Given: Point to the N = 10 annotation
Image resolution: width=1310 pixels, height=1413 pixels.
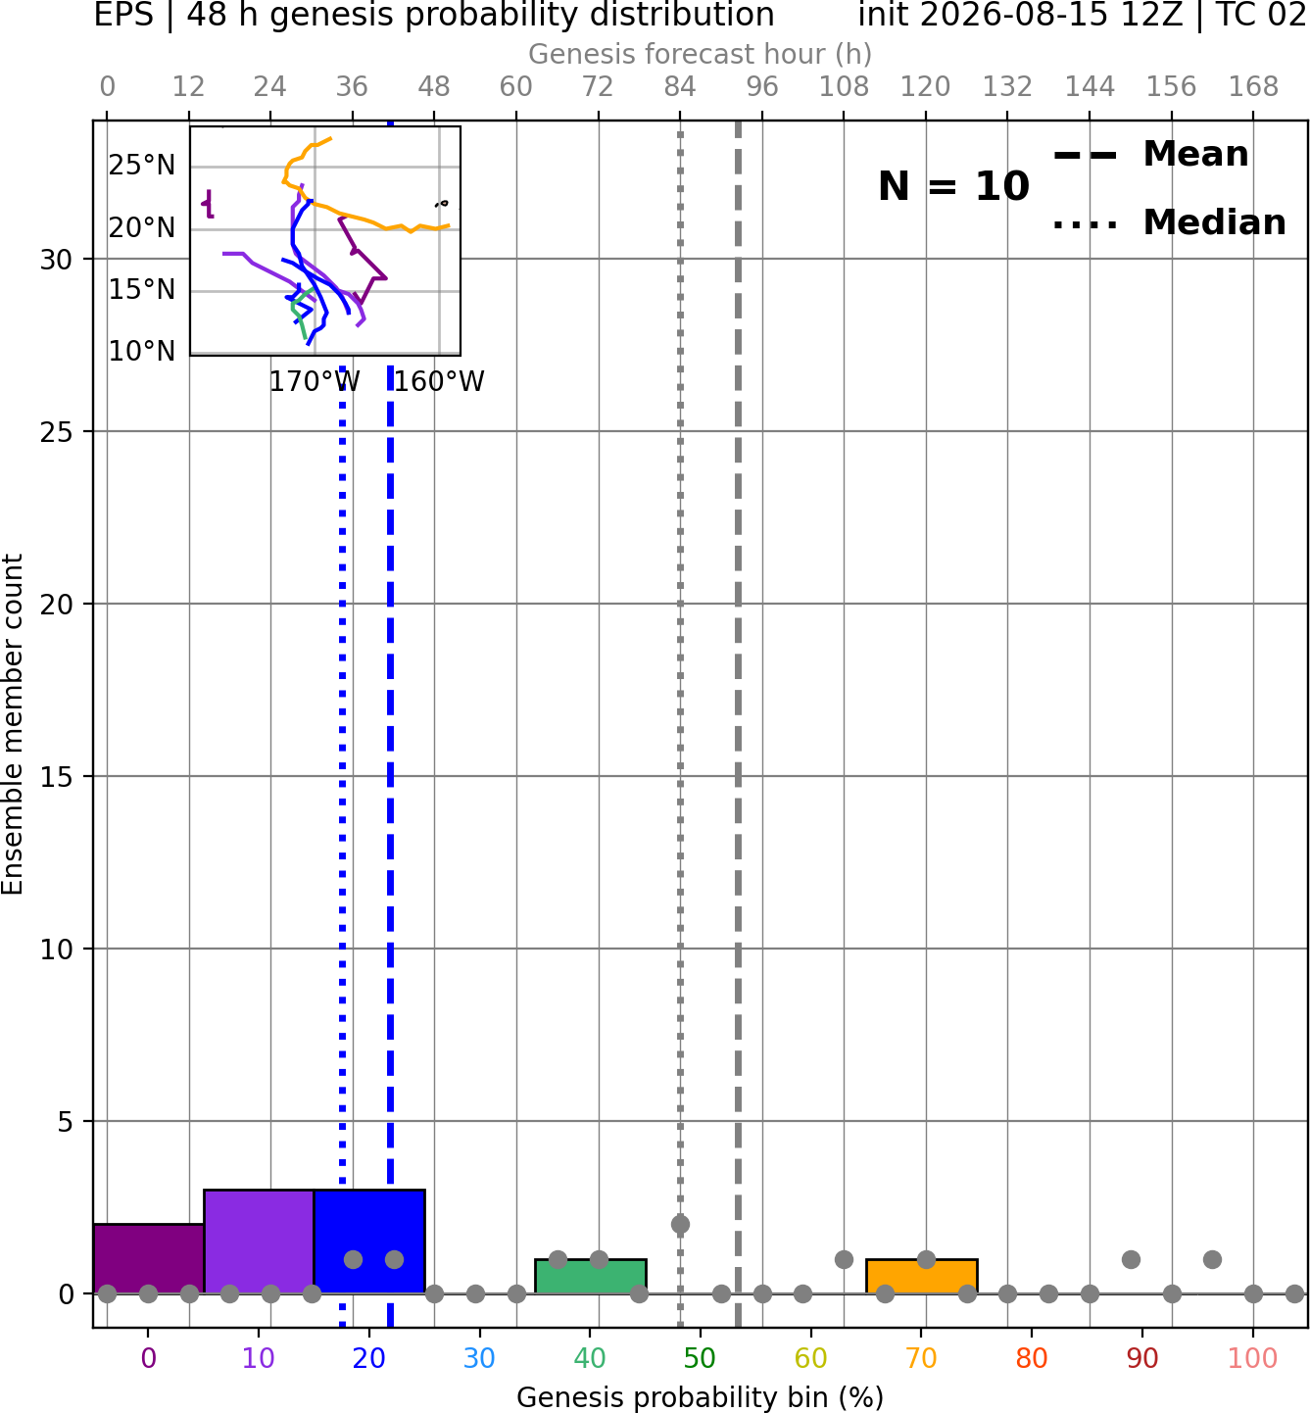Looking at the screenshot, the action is [x=953, y=186].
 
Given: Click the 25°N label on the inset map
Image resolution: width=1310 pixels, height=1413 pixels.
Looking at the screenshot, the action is [x=142, y=165].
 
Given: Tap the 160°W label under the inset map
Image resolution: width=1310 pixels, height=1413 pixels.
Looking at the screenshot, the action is [x=439, y=382].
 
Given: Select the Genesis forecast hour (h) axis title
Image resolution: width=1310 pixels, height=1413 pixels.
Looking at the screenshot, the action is [x=701, y=54].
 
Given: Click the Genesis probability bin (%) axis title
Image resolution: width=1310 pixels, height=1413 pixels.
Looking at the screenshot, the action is [x=701, y=1397].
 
